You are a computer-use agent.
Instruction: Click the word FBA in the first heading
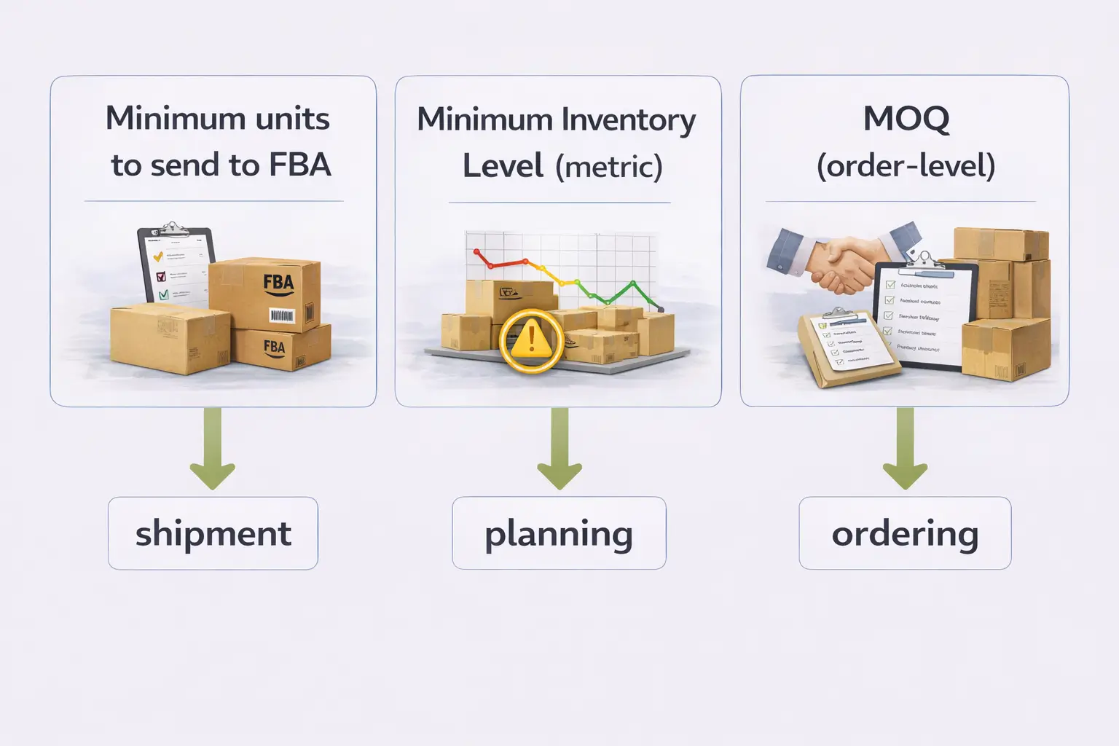point(299,165)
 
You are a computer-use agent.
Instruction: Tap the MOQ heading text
point(906,119)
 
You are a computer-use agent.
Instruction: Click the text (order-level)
point(906,166)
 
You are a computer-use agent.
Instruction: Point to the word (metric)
point(608,167)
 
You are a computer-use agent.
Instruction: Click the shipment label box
point(213,533)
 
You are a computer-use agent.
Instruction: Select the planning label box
point(559,533)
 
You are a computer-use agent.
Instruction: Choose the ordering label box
point(905,533)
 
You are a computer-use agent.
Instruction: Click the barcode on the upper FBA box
point(281,315)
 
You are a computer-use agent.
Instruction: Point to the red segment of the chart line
point(503,261)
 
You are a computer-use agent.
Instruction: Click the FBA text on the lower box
point(274,347)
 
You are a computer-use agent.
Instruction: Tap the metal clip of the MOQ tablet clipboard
point(925,261)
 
